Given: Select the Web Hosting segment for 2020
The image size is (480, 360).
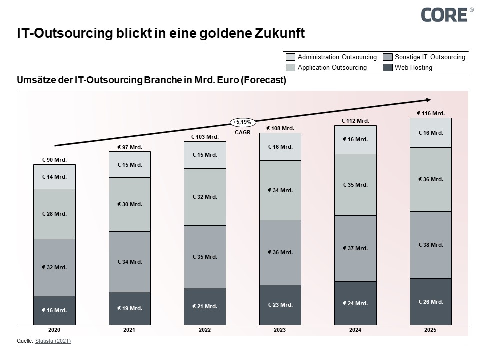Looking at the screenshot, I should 54,310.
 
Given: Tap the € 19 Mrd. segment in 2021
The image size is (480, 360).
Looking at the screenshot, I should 130,308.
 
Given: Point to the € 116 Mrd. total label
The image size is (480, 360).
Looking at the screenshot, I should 430,113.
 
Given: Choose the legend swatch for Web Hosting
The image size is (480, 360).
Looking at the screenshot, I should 387,67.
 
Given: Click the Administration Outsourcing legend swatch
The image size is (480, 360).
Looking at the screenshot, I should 290,57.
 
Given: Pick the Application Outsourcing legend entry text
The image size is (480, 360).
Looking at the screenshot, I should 332,67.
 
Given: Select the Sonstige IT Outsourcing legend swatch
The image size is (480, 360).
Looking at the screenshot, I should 387,57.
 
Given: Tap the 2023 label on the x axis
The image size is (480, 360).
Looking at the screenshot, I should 280,330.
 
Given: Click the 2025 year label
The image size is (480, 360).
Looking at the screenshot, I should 430,330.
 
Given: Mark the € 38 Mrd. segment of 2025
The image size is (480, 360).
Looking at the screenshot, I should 430,245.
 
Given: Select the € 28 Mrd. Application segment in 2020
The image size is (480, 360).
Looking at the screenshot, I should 54,214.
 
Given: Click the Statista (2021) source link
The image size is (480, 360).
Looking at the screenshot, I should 53,341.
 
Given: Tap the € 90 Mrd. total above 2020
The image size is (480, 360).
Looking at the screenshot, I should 54,160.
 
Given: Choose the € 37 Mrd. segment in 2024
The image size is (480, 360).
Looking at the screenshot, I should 355,248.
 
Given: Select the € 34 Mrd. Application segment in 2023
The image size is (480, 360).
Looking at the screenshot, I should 280,190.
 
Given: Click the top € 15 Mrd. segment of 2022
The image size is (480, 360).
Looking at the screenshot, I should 205,155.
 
